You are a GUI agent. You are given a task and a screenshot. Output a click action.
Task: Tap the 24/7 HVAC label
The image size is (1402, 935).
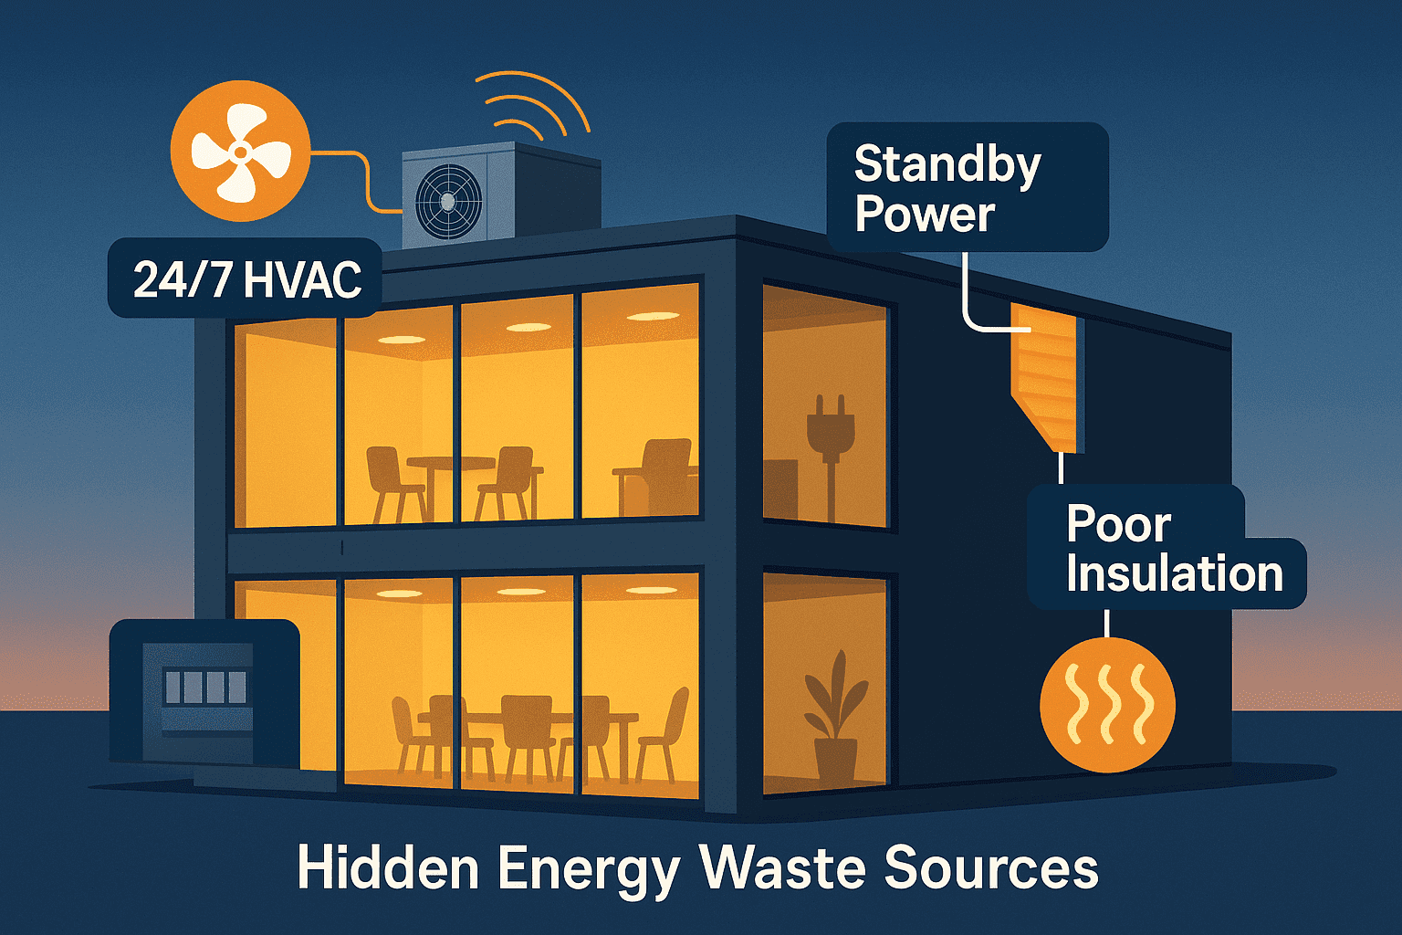coord(246,279)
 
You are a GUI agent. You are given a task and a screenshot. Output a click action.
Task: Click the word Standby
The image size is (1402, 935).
coord(947,165)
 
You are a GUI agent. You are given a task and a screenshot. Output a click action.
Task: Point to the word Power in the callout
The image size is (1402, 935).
coord(924,214)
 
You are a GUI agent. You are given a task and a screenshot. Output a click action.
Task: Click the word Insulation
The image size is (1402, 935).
coord(1174,573)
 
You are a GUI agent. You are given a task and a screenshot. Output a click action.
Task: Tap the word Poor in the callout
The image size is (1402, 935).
coord(1118,524)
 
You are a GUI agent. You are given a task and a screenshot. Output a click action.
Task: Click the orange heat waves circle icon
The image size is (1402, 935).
coord(1107,704)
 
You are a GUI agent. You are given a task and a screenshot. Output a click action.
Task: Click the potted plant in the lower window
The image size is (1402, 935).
coord(834,721)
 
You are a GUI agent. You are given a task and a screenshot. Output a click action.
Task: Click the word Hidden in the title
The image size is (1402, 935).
coord(388,867)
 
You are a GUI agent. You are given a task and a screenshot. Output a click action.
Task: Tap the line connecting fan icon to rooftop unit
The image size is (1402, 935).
coord(365,183)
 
